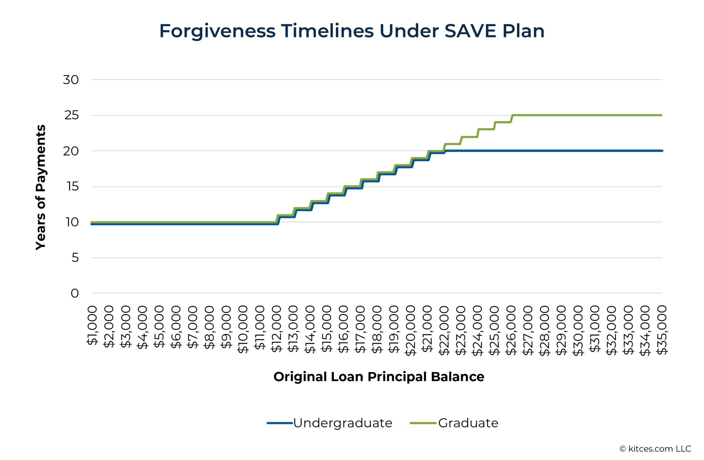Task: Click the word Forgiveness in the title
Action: coord(217,31)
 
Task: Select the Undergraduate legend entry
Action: coord(342,423)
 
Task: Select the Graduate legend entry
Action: coord(468,423)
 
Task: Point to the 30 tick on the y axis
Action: coord(71,80)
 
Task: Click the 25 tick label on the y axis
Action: coord(71,116)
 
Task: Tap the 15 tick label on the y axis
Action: coord(72,187)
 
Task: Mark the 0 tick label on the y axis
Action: coord(75,293)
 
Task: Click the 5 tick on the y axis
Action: coord(75,258)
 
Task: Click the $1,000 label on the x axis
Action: coord(92,325)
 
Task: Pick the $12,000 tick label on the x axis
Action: coord(277,329)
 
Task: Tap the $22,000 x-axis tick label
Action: coord(444,330)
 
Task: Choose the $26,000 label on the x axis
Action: coord(511,330)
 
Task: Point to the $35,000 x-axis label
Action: coord(662,330)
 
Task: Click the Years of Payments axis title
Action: coord(41,187)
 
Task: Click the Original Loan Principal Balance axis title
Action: coord(379,377)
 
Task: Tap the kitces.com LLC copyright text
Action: coord(655,449)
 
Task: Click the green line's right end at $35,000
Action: coord(661,115)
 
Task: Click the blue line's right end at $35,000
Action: coord(661,151)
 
